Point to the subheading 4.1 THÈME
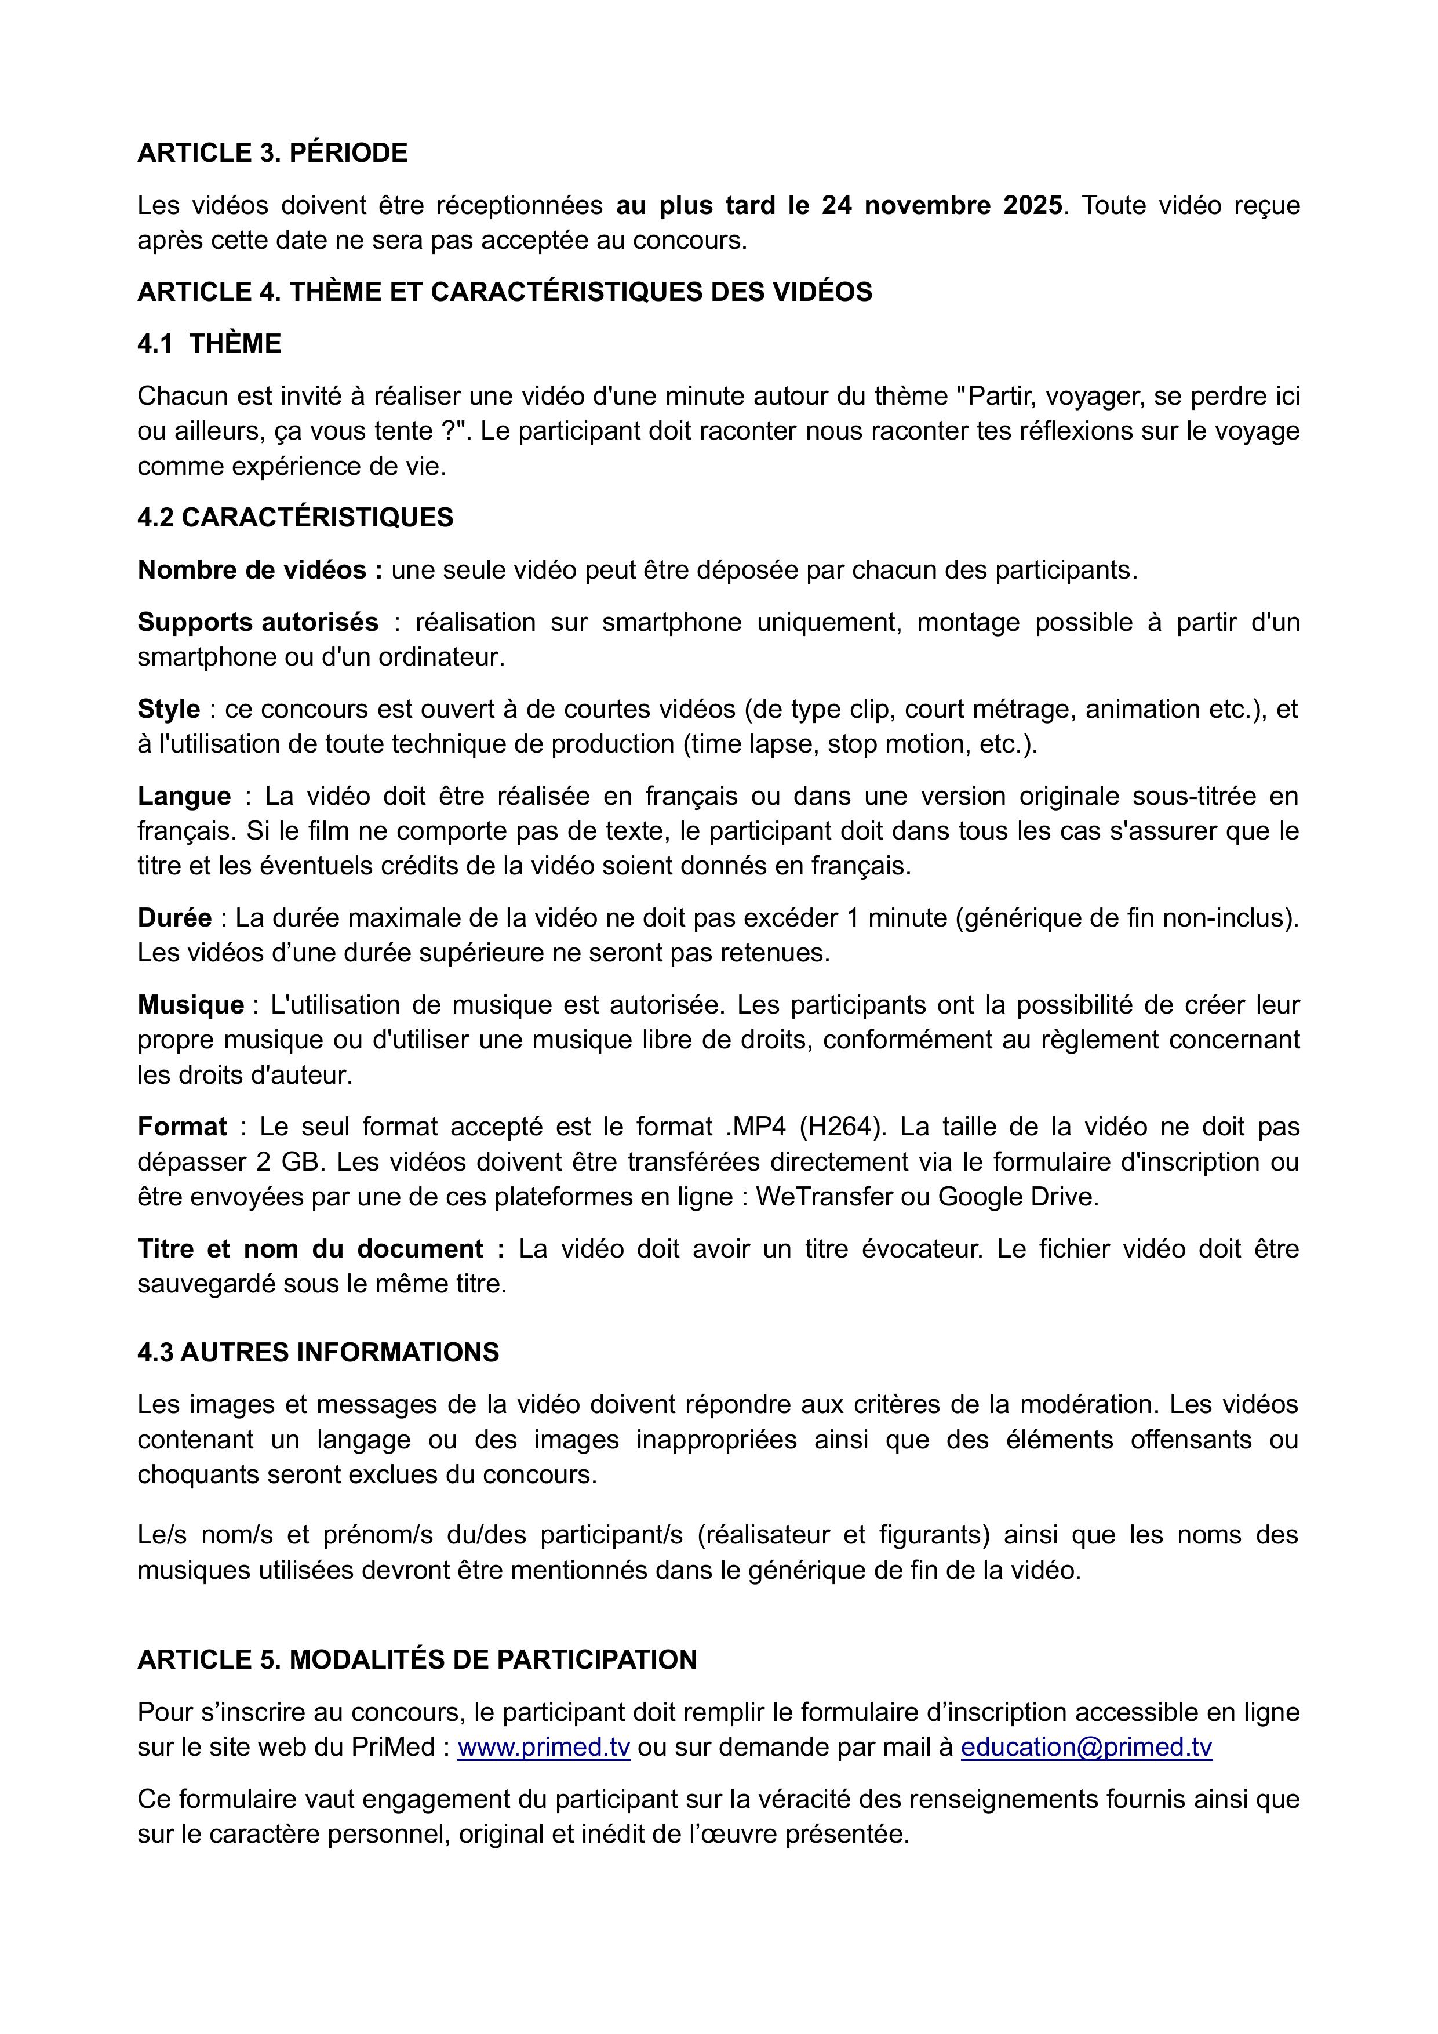[209, 344]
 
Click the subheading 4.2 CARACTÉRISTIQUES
[295, 518]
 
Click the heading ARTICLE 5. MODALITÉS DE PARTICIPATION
[417, 1660]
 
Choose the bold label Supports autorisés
[258, 623]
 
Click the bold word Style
[168, 710]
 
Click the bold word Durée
[174, 918]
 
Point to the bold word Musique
[190, 1005]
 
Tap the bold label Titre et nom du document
[321, 1249]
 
